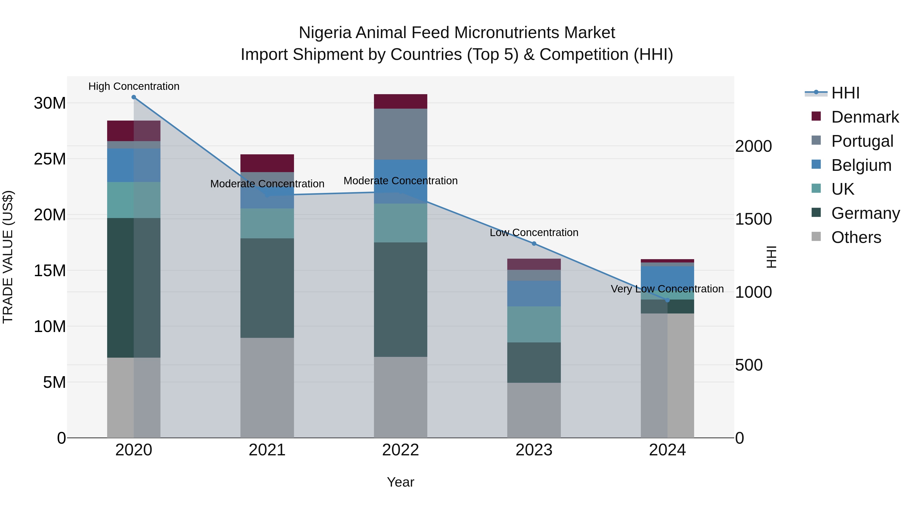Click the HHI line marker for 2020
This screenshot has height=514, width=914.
tap(134, 97)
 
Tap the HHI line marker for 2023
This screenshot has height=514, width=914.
tap(534, 244)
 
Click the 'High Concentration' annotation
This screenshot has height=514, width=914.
tap(134, 87)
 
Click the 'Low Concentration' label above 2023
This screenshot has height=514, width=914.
tap(534, 233)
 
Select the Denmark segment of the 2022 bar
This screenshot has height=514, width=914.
tap(401, 102)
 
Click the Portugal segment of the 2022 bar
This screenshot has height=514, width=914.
tap(401, 134)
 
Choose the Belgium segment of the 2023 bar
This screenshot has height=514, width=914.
tap(534, 293)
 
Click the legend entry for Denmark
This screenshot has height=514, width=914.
tap(865, 117)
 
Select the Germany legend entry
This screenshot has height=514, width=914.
tap(865, 213)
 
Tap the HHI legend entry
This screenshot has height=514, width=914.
tap(845, 93)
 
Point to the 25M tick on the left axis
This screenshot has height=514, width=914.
tap(50, 159)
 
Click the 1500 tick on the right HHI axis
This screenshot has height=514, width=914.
tap(753, 219)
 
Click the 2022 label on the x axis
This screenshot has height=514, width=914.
tap(401, 450)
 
